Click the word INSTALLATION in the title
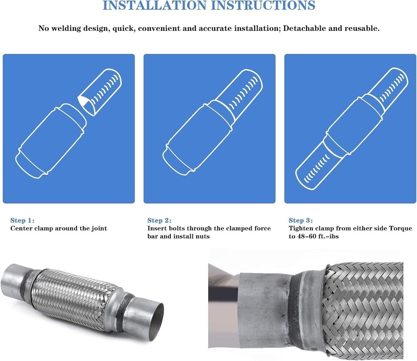155,5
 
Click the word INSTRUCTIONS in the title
263,5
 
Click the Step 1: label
22,221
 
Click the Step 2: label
159,221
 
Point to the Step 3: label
301,221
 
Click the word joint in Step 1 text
99,229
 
